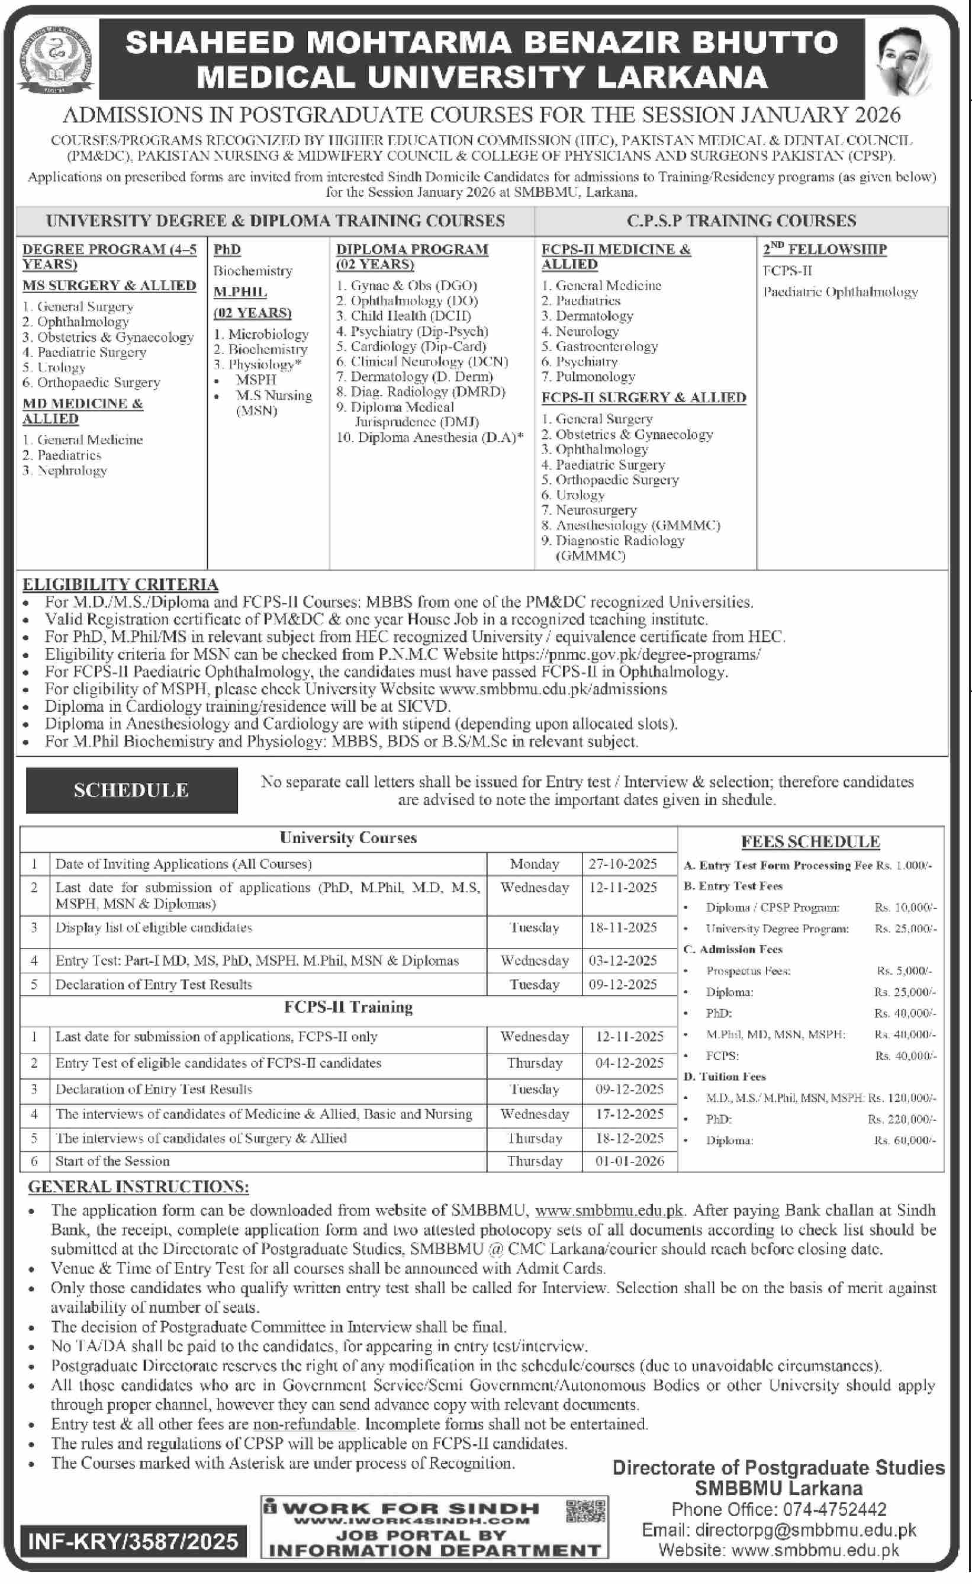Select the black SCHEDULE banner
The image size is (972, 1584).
coord(131,790)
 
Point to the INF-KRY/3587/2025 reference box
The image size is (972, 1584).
coord(133,1541)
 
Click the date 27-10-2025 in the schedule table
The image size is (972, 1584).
coord(622,863)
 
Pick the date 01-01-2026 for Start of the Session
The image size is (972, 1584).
coord(629,1161)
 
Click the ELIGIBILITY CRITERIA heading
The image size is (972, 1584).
coord(120,584)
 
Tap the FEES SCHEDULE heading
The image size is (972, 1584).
coord(810,841)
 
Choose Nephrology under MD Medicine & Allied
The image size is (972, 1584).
coord(72,471)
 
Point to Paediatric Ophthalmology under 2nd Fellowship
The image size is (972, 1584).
coord(840,292)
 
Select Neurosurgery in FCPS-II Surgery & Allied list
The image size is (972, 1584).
coord(596,510)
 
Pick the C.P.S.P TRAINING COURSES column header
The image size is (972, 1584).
coord(741,220)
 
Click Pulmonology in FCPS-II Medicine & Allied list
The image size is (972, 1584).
coord(595,377)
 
